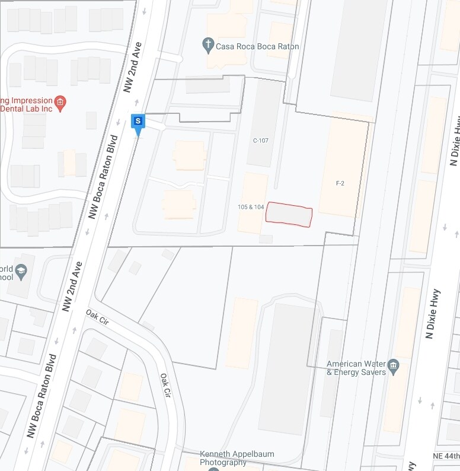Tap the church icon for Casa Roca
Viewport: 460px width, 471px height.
[207, 43]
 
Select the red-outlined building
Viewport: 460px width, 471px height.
[289, 214]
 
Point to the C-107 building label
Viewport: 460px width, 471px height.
[261, 141]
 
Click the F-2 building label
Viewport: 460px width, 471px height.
[340, 183]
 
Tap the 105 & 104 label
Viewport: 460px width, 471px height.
[251, 207]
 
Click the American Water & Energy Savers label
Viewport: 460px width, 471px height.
[356, 368]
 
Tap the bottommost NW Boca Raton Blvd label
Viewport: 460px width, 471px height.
[41, 396]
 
